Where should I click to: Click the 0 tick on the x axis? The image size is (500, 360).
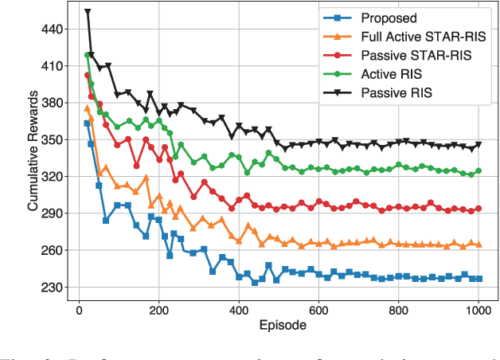click(79, 310)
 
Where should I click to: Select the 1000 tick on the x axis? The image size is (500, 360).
click(479, 310)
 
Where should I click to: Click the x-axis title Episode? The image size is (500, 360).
click(278, 326)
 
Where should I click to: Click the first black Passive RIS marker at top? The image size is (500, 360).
click(88, 13)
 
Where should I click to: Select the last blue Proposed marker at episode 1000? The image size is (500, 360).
click(479, 279)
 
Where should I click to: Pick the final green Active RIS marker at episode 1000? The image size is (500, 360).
click(479, 170)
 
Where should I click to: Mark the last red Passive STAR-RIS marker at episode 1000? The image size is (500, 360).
click(479, 209)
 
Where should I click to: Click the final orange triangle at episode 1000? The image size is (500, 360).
click(479, 245)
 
